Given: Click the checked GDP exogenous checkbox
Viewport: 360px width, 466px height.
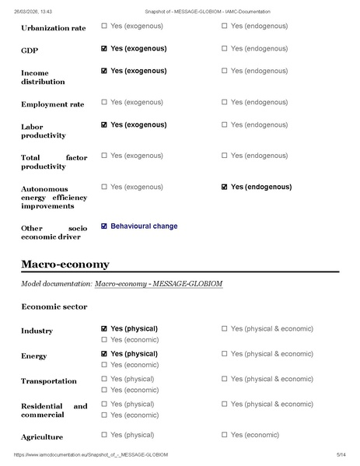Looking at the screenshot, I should [x=104, y=48].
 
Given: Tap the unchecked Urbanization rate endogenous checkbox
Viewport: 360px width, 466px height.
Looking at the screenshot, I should [x=225, y=26].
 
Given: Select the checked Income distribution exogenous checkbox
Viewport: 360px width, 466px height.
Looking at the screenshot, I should [x=104, y=71].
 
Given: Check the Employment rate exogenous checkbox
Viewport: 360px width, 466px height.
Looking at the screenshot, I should [x=104, y=102].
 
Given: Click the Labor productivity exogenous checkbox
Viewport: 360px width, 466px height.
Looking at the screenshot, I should [x=104, y=124].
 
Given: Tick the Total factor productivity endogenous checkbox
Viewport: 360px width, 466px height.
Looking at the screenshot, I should [x=225, y=156].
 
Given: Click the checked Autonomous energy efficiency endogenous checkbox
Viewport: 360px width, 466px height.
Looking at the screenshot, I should [x=225, y=187].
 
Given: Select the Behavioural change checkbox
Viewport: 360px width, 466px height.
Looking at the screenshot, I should [x=104, y=226].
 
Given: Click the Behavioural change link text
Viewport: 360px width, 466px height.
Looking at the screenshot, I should [x=144, y=226].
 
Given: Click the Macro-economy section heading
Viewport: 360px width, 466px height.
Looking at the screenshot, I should [x=65, y=265].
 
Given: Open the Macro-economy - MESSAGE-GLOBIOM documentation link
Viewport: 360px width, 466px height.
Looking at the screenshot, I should [x=159, y=284].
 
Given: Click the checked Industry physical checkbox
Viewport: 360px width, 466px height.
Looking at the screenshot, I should [x=104, y=328].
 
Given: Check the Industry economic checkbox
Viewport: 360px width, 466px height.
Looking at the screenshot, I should [x=104, y=339].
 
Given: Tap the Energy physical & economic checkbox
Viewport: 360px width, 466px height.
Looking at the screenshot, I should [x=225, y=354].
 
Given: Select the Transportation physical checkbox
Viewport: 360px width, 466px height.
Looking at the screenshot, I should [x=104, y=379].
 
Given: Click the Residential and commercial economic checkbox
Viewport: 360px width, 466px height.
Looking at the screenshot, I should [x=104, y=415].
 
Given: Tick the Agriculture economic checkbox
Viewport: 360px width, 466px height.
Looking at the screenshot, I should [x=225, y=435].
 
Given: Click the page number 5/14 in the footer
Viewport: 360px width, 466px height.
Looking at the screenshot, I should [x=340, y=454].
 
